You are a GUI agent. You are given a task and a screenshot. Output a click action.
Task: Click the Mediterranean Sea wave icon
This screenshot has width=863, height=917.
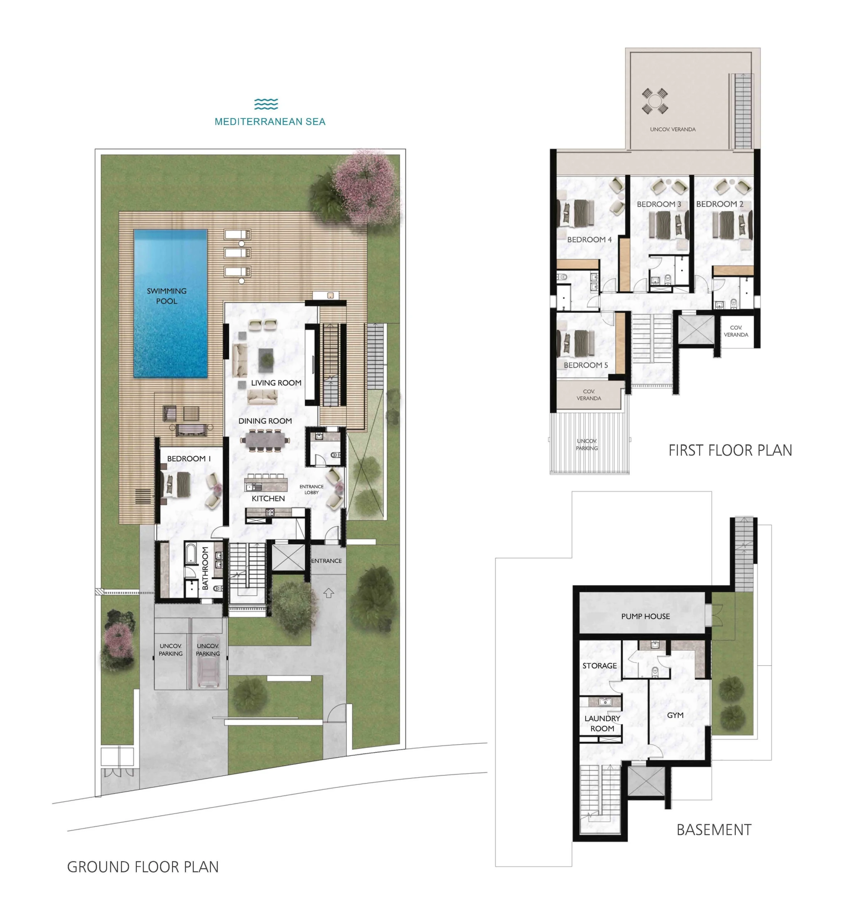point(266,104)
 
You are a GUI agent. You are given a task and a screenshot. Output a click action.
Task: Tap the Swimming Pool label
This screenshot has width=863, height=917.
point(167,296)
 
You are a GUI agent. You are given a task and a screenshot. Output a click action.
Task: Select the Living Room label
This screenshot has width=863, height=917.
point(276,383)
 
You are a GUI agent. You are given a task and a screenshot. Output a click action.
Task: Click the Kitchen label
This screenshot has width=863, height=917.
point(268,499)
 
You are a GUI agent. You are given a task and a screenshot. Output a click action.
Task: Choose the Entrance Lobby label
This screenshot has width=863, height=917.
point(311,489)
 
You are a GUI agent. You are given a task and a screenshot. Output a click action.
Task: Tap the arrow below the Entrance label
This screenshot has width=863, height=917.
point(329,593)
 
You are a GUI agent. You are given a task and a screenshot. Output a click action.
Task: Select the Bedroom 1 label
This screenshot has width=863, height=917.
point(189,458)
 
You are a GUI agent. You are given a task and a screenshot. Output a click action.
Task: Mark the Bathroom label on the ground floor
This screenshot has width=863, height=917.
point(205,568)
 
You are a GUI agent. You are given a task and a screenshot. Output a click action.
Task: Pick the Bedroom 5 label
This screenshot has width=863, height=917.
point(586,365)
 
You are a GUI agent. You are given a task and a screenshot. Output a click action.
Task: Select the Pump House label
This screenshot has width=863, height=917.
point(645,616)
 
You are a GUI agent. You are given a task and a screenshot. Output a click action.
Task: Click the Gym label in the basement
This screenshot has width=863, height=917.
point(675,715)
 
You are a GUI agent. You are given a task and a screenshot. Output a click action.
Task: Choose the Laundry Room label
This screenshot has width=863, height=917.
point(603,723)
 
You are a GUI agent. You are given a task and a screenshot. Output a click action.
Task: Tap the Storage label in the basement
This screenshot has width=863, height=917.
point(600,666)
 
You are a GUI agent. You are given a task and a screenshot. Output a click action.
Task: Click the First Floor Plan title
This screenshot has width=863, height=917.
point(730,450)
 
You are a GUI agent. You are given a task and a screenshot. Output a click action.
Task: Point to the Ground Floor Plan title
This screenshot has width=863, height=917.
point(143,867)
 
